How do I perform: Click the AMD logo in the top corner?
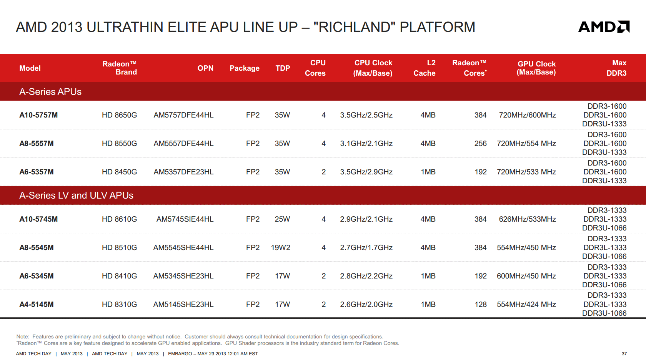click(x=604, y=27)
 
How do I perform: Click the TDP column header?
click(x=283, y=68)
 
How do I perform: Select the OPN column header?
click(x=205, y=68)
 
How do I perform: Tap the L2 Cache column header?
click(x=425, y=68)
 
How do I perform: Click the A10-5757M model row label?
click(x=38, y=115)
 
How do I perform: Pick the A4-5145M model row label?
click(x=36, y=304)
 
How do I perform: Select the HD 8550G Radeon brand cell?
click(x=119, y=144)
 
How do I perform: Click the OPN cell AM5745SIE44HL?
click(x=185, y=219)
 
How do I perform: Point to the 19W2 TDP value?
click(x=281, y=247)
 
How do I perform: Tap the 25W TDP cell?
click(x=282, y=219)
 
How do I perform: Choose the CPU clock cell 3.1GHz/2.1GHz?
click(x=366, y=144)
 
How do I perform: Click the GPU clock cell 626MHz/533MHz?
click(x=528, y=219)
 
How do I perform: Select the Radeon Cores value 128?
click(x=481, y=304)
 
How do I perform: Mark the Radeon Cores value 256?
click(x=481, y=144)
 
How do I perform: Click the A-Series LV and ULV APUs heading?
click(x=77, y=195)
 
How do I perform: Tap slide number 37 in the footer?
click(x=624, y=353)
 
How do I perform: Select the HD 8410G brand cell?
click(x=119, y=276)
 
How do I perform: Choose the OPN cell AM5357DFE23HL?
click(x=183, y=172)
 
